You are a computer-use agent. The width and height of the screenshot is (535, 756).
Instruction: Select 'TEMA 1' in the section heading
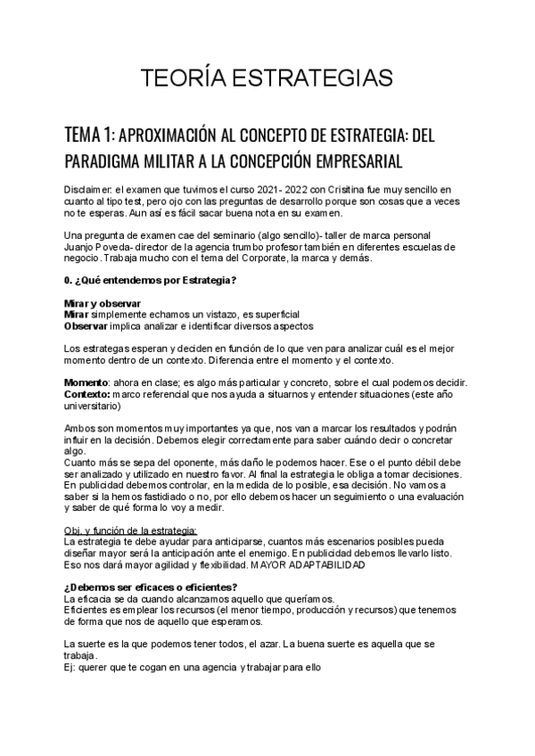point(89,135)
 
